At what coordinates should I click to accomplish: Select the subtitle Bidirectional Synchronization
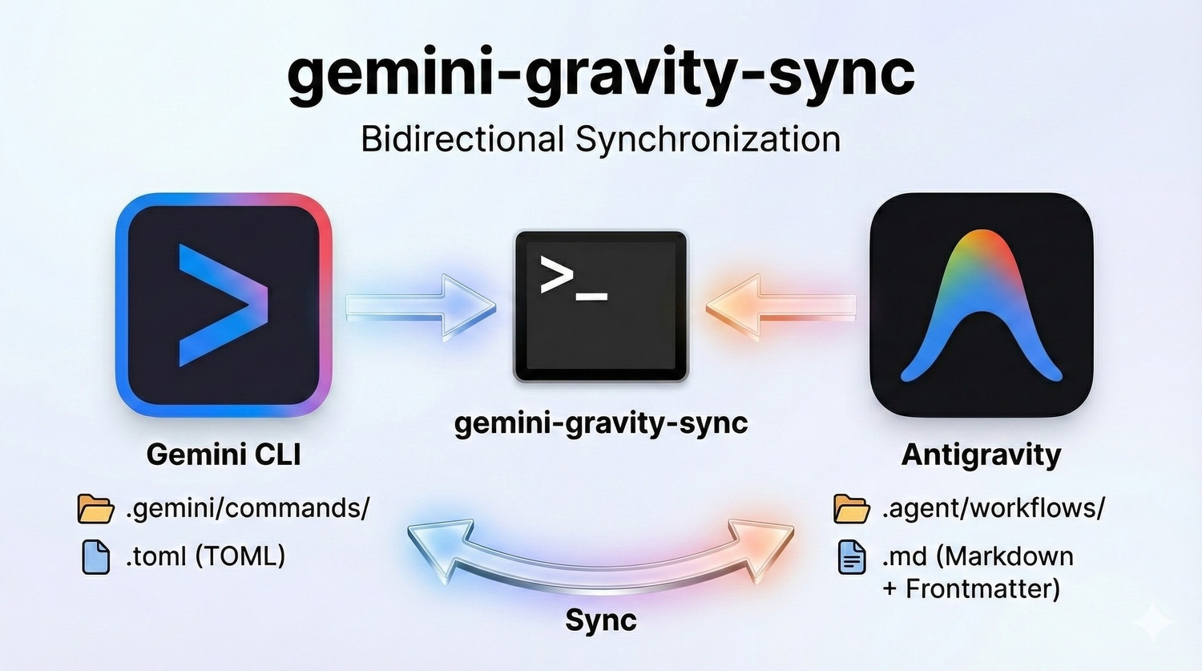[601, 139]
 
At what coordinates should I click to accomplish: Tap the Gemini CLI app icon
[224, 305]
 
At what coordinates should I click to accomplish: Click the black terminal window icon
[601, 306]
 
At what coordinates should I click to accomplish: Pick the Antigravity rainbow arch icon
[982, 305]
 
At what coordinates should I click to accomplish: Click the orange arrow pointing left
[780, 308]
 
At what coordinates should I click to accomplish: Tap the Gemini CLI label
[224, 455]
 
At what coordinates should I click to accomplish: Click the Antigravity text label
[982, 455]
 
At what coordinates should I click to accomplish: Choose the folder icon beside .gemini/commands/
[95, 508]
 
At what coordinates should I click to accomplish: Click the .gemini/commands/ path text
[248, 508]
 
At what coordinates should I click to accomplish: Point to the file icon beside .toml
[96, 558]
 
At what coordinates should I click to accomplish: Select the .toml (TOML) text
[205, 556]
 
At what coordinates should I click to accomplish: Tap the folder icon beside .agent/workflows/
[852, 508]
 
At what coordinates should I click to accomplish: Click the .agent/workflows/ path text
[994, 508]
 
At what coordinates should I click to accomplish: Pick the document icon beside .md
[852, 558]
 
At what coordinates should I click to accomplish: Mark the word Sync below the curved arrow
[601, 621]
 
